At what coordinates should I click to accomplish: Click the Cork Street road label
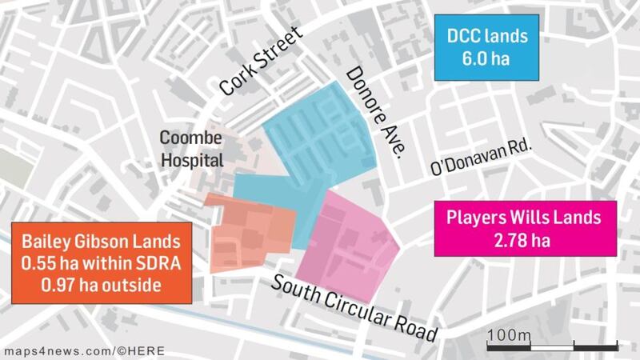click(x=262, y=62)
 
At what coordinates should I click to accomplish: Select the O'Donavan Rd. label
click(x=481, y=158)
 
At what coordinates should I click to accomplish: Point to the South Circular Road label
click(x=355, y=307)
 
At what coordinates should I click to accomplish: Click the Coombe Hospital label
click(x=191, y=148)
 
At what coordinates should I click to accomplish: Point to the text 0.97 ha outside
click(x=101, y=285)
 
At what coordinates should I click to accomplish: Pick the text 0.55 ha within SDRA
click(x=101, y=263)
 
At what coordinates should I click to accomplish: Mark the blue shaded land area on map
click(x=320, y=140)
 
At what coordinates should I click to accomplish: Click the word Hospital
click(x=191, y=159)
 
